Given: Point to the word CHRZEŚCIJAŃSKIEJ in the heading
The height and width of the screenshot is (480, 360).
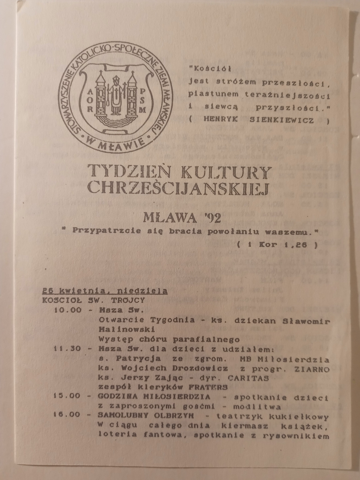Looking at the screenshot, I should (178, 188).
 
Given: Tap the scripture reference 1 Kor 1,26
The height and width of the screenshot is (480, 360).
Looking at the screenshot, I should (277, 246).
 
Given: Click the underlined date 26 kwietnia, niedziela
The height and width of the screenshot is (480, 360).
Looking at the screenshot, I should (105, 291).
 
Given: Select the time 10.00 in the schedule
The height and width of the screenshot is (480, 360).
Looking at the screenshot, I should (67, 310).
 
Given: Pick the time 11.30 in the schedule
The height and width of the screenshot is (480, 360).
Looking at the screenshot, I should (67, 348).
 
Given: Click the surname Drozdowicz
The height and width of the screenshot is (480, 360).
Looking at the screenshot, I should (195, 368).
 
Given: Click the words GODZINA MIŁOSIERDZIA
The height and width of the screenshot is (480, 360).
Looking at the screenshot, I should (155, 397).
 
